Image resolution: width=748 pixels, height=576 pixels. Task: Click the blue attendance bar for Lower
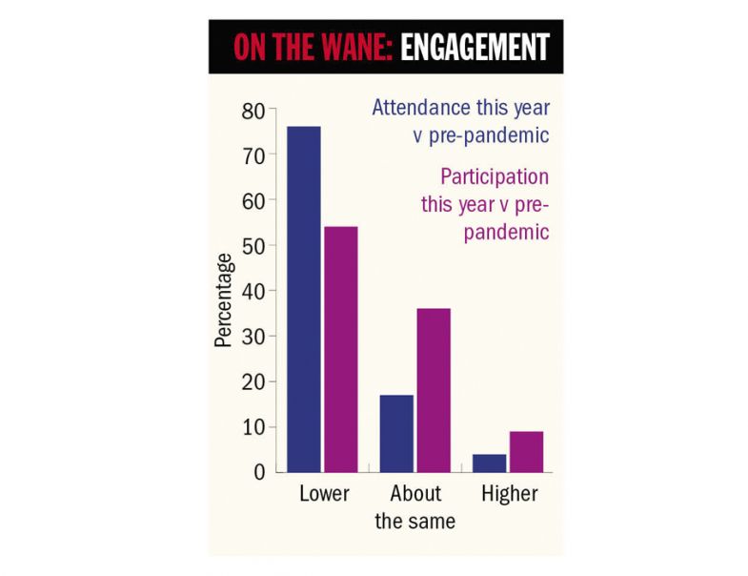pyautogui.click(x=304, y=299)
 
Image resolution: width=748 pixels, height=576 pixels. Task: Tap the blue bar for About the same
pyautogui.click(x=396, y=433)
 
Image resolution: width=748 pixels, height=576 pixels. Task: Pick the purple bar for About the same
pyautogui.click(x=434, y=390)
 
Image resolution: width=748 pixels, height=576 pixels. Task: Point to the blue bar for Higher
pyautogui.click(x=489, y=463)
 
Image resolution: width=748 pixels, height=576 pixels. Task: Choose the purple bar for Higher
pyautogui.click(x=526, y=451)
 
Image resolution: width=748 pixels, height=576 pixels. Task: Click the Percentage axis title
pyautogui.click(x=223, y=299)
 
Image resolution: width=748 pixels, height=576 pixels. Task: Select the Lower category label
pyautogui.click(x=324, y=494)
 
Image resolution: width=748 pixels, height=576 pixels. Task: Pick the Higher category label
pyautogui.click(x=509, y=494)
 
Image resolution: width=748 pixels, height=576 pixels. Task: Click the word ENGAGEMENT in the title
pyautogui.click(x=475, y=48)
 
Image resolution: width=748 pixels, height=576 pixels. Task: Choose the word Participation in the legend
pyautogui.click(x=495, y=177)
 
